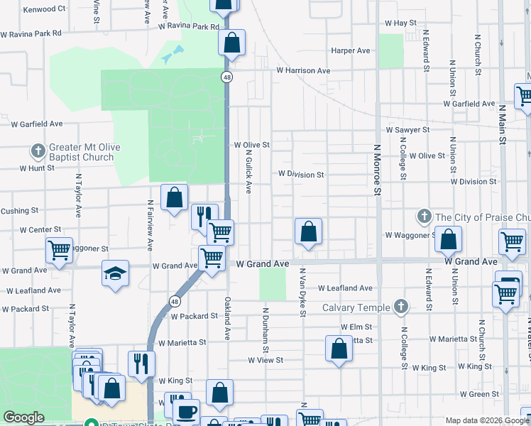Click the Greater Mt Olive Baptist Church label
click(x=80, y=152)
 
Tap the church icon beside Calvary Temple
click(x=401, y=307)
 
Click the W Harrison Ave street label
click(x=303, y=71)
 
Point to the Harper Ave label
click(x=351, y=51)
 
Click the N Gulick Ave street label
click(x=249, y=175)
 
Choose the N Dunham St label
click(x=266, y=329)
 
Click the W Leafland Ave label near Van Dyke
click(x=345, y=288)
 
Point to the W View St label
click(x=265, y=360)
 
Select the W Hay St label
click(x=400, y=23)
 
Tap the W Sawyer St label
click(x=407, y=131)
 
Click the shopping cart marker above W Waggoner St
click(x=60, y=249)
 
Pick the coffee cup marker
click(x=187, y=410)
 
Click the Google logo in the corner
click(x=23, y=418)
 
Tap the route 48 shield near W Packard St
click(x=174, y=301)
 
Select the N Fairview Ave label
click(x=150, y=225)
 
